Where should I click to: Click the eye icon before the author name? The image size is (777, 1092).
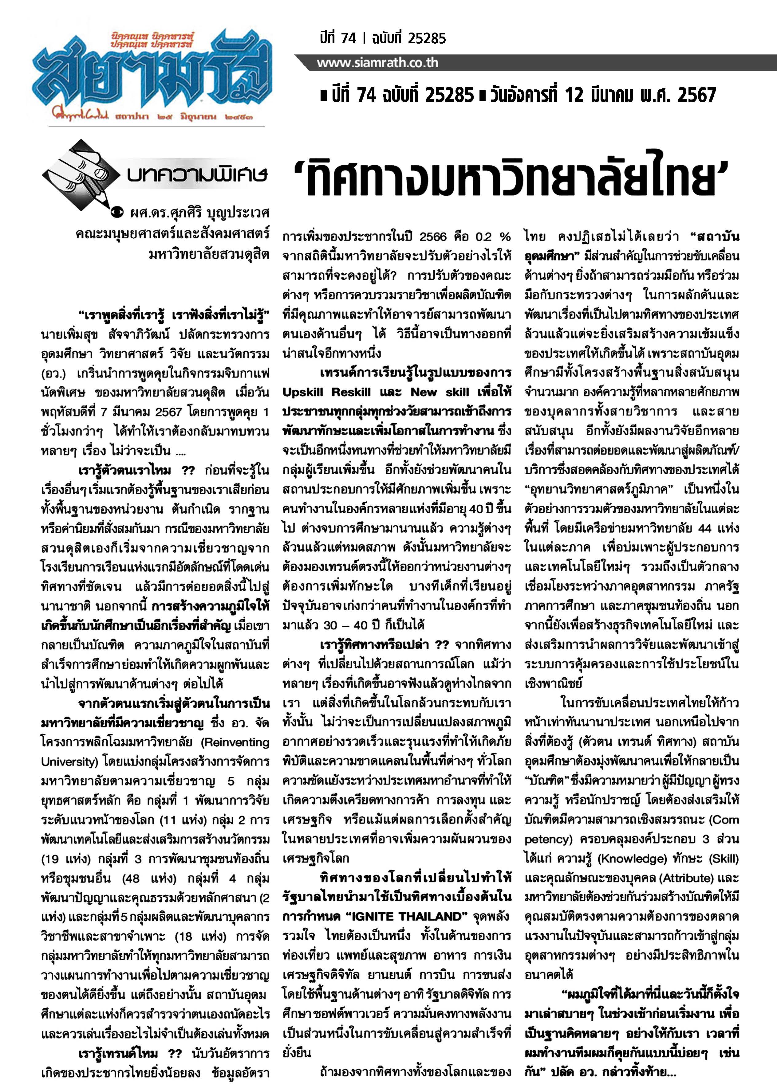117,212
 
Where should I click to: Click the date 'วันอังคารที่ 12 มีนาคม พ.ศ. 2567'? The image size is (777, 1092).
603,96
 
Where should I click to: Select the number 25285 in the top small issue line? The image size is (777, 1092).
427,38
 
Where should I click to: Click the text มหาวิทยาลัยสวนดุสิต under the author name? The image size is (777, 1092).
209,254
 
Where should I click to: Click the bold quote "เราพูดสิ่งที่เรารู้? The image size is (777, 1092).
124,315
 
